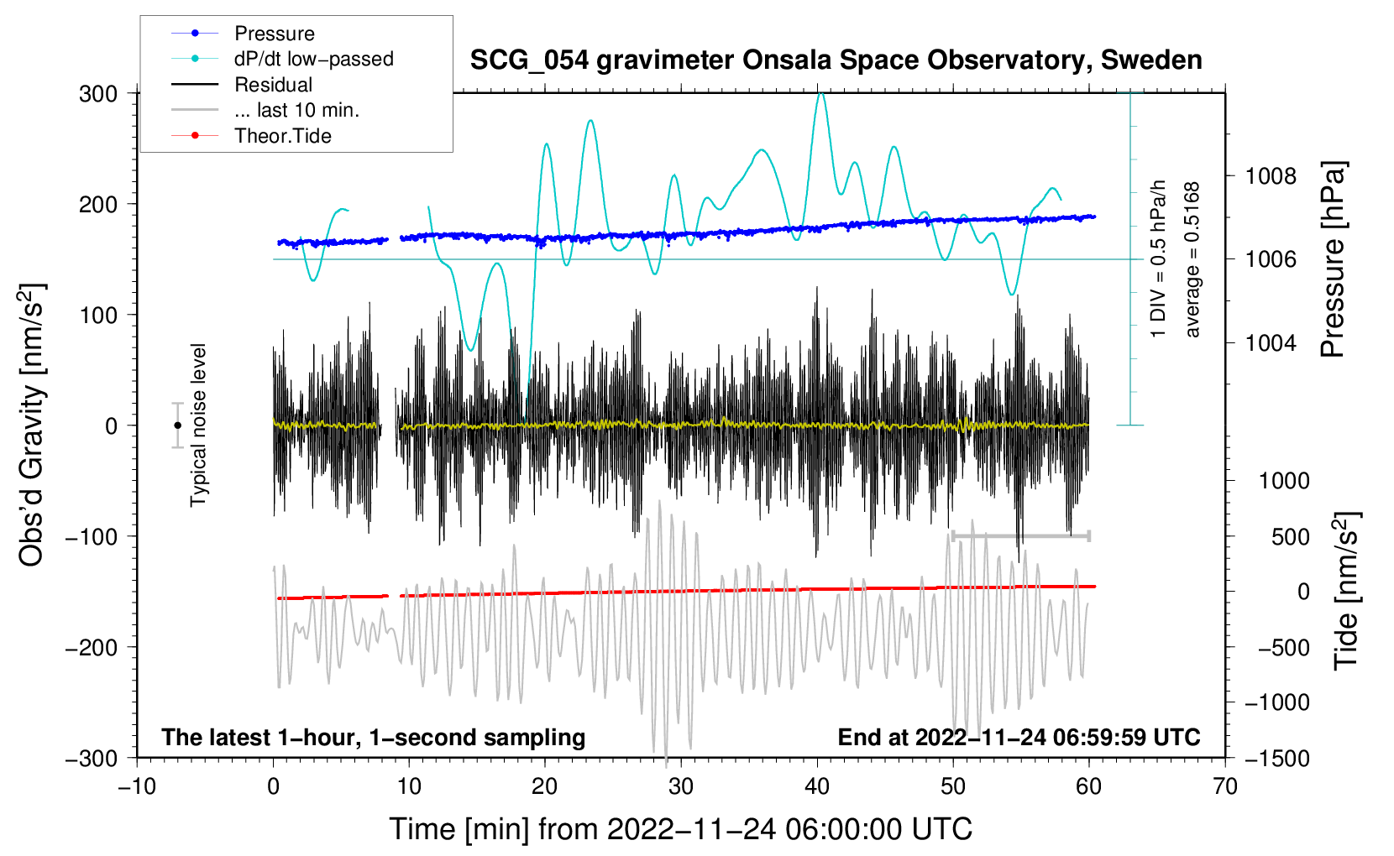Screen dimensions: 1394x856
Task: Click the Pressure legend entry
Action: (243, 33)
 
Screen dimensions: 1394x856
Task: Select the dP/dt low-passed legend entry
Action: (282, 59)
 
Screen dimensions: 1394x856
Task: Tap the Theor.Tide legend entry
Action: (251, 136)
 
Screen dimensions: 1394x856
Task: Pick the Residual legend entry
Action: (242, 85)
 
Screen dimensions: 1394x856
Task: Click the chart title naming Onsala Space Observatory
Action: (836, 60)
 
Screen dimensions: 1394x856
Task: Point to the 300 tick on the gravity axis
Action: (98, 94)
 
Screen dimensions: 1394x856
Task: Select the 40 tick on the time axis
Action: (816, 786)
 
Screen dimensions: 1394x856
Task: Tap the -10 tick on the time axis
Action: (137, 786)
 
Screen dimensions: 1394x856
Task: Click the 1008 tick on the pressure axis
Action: (1271, 177)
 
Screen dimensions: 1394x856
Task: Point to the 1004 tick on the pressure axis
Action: (1271, 342)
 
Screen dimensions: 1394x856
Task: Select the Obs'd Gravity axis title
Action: (31, 425)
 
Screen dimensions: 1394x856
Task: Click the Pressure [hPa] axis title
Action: (1333, 259)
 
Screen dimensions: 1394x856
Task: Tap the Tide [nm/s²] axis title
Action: (1346, 591)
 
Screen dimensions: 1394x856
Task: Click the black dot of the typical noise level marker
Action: (177, 425)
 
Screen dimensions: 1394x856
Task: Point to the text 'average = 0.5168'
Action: (1192, 259)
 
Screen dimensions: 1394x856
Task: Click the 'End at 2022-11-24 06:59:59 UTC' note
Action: (1019, 737)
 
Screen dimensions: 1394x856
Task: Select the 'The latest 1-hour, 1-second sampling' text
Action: (374, 737)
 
